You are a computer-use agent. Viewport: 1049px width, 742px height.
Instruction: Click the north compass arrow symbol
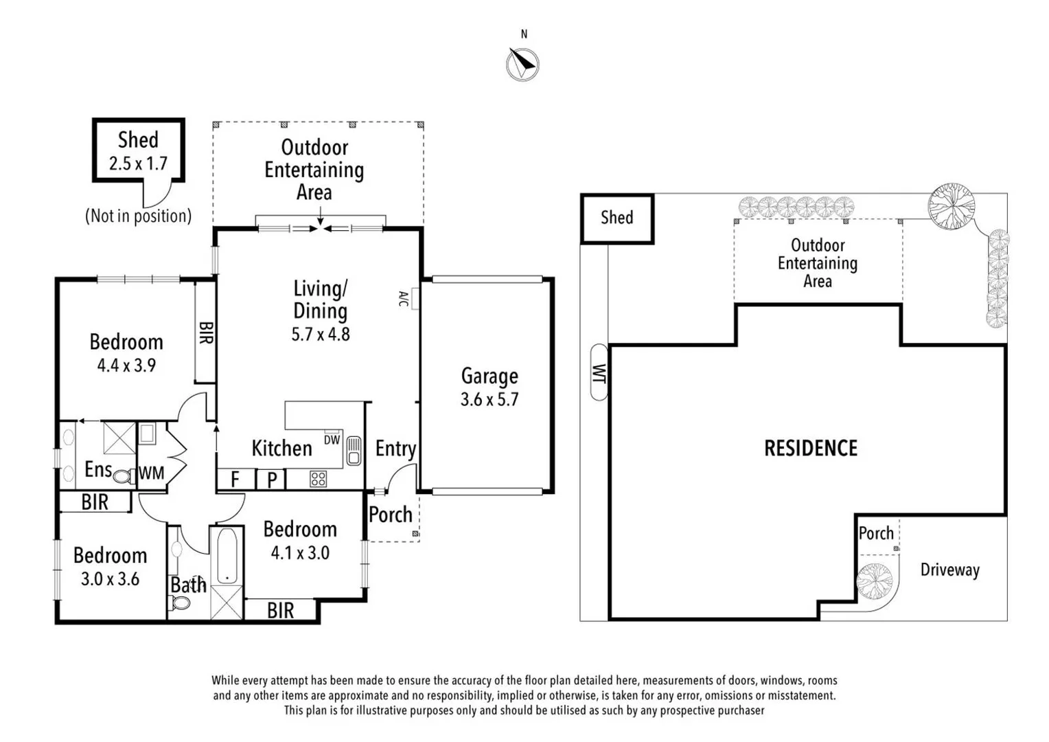click(x=522, y=65)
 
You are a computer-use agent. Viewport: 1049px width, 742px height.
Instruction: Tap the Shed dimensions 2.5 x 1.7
click(x=138, y=164)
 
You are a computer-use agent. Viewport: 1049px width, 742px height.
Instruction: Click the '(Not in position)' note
click(x=138, y=216)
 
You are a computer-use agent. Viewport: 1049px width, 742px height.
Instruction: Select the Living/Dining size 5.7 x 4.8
click(x=321, y=335)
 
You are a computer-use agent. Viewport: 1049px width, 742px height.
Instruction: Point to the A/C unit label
click(x=404, y=299)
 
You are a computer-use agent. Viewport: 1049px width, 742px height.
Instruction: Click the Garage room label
click(x=489, y=376)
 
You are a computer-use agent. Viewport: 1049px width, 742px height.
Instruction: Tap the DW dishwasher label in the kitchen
click(x=332, y=440)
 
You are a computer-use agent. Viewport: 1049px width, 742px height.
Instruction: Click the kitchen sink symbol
click(x=354, y=451)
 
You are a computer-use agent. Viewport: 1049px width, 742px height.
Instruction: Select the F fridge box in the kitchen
click(x=235, y=479)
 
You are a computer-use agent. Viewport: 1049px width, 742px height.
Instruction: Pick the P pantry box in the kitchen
click(x=272, y=480)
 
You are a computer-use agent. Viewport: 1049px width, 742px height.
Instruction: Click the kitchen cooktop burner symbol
click(x=318, y=478)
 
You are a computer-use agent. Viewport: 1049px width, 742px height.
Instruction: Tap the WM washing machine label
click(x=152, y=473)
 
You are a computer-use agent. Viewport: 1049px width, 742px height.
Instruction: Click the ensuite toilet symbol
click(x=124, y=475)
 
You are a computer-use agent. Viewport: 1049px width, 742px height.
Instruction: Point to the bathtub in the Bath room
click(x=227, y=556)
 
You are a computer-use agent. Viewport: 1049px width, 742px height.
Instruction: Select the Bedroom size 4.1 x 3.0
click(x=300, y=553)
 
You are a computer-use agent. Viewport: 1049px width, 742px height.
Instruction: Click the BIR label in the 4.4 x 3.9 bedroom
click(x=205, y=333)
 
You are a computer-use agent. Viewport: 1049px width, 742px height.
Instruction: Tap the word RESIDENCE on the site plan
click(x=811, y=449)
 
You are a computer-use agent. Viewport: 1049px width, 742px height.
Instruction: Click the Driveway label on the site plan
click(x=949, y=570)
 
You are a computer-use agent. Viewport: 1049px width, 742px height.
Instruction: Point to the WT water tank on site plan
click(x=599, y=372)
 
